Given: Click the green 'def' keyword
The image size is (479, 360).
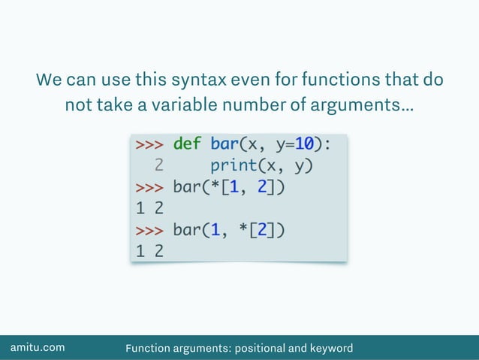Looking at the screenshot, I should (186, 144).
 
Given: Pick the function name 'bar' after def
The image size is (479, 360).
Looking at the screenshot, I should (224, 144).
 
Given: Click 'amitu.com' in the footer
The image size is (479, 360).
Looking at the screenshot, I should (37, 347).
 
